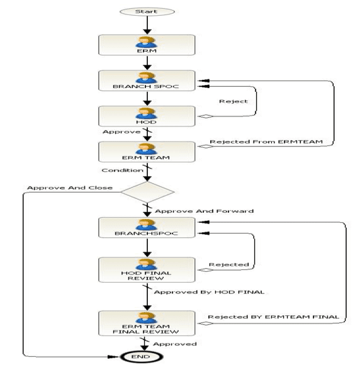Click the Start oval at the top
pyautogui.click(x=147, y=12)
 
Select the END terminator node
pyautogui.click(x=142, y=357)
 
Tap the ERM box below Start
pyautogui.click(x=147, y=45)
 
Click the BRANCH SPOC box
pyautogui.click(x=147, y=81)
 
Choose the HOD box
pyautogui.click(x=147, y=116)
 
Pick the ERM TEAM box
pyautogui.click(x=147, y=152)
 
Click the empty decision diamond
pyautogui.click(x=147, y=192)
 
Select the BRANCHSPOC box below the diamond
pyautogui.click(x=147, y=227)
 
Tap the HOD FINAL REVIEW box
pyautogui.click(x=147, y=269)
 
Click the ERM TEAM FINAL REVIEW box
pyautogui.click(x=147, y=323)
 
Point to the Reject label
pyautogui.click(x=233, y=101)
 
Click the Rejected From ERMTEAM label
pyautogui.click(x=266, y=142)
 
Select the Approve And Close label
pyautogui.click(x=70, y=188)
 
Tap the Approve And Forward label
pyautogui.click(x=204, y=211)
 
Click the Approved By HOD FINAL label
pyautogui.click(x=209, y=292)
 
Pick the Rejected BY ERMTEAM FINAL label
pyautogui.click(x=273, y=317)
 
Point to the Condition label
pyautogui.click(x=123, y=170)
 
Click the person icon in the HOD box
pyautogui.click(x=146, y=113)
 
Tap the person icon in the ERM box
pyautogui.click(x=146, y=42)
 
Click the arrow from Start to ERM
pyautogui.click(x=147, y=25)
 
